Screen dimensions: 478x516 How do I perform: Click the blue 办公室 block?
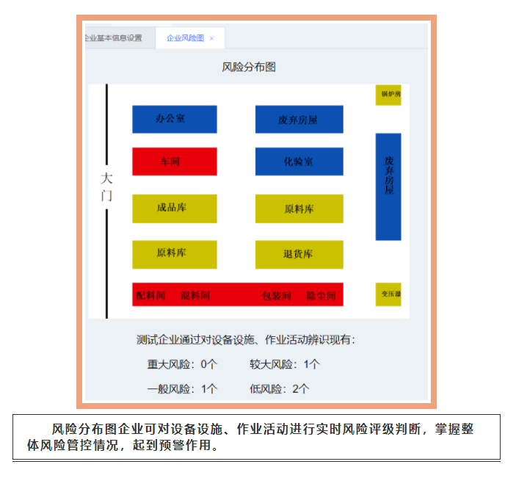pyautogui.click(x=174, y=119)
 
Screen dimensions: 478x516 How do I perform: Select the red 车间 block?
pyautogui.click(x=174, y=162)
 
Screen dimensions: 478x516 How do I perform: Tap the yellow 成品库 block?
pyautogui.click(x=174, y=208)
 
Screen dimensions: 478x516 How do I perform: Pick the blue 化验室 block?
pyautogui.click(x=299, y=162)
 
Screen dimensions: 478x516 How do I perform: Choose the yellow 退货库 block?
pyautogui.click(x=299, y=254)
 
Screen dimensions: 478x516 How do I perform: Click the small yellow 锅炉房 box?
pyautogui.click(x=388, y=95)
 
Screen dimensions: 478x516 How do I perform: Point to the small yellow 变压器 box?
pyautogui.click(x=388, y=294)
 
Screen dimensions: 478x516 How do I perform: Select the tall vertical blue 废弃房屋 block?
pyautogui.click(x=388, y=186)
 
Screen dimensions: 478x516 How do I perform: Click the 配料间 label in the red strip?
pyautogui.click(x=151, y=295)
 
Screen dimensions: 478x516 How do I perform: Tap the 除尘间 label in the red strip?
pyautogui.click(x=321, y=296)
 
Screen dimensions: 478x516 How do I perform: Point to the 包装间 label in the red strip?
pyautogui.click(x=277, y=296)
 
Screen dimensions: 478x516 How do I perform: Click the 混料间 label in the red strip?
pyautogui.click(x=195, y=295)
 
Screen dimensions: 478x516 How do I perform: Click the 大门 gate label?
pyautogui.click(x=106, y=187)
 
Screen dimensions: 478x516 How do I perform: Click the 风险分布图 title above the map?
pyautogui.click(x=249, y=67)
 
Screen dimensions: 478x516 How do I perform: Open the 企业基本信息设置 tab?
pyautogui.click(x=114, y=38)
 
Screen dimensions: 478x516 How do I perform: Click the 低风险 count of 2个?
pyautogui.click(x=300, y=388)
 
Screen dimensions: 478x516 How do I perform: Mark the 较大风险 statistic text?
pyautogui.click(x=285, y=363)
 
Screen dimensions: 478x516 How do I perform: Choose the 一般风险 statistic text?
pyautogui.click(x=183, y=388)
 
